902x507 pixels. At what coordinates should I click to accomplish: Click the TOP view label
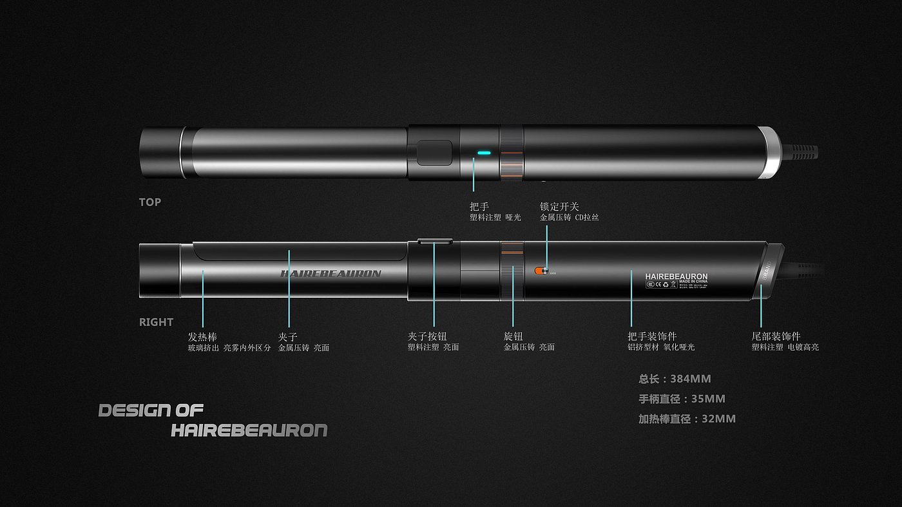150,202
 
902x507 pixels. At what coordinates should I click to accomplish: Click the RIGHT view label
156,322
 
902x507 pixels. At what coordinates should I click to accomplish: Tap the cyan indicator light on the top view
484,153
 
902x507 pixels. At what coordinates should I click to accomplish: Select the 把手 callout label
479,207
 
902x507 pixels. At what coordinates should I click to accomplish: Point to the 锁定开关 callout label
559,207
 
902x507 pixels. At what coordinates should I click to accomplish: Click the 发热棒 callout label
202,337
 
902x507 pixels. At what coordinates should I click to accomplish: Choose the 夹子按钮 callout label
427,337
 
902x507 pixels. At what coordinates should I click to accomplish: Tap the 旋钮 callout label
513,337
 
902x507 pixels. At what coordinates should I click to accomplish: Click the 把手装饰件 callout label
652,337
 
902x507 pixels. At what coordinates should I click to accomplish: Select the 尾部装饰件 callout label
776,337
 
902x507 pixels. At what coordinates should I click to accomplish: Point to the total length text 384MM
675,379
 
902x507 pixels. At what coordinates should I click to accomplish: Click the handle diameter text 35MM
682,399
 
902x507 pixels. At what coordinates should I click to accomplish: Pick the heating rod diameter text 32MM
687,419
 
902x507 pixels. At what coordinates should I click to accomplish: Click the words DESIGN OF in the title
151,410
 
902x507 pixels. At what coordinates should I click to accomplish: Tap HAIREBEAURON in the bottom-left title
249,430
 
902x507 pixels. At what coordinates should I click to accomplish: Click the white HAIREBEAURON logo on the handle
676,276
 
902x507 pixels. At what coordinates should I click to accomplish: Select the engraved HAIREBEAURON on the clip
331,273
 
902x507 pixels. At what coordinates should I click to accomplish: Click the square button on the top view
434,152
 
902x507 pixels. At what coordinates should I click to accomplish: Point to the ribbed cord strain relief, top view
799,153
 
